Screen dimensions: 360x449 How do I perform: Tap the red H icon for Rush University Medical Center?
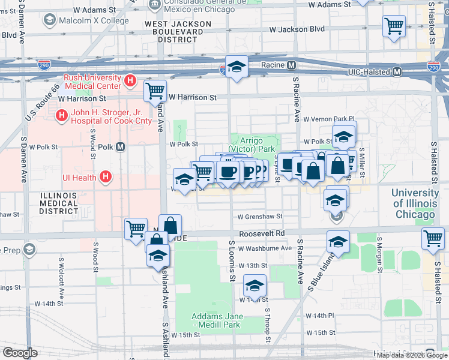[129, 80]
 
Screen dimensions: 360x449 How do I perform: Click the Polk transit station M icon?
[120, 146]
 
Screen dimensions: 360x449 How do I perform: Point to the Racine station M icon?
[291, 65]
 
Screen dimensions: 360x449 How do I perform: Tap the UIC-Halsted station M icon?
[397, 72]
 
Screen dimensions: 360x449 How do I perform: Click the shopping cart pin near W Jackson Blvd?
[394, 26]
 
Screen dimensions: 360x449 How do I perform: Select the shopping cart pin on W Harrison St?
[155, 91]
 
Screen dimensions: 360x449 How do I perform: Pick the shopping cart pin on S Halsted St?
[433, 238]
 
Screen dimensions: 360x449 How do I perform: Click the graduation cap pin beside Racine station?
[237, 67]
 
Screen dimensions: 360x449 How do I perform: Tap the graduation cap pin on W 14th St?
[255, 287]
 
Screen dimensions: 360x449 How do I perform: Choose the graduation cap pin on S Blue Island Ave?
[338, 242]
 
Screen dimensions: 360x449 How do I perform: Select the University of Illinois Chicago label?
[415, 203]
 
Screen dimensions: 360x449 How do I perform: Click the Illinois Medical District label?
[58, 203]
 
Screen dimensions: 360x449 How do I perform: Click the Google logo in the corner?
[20, 353]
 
